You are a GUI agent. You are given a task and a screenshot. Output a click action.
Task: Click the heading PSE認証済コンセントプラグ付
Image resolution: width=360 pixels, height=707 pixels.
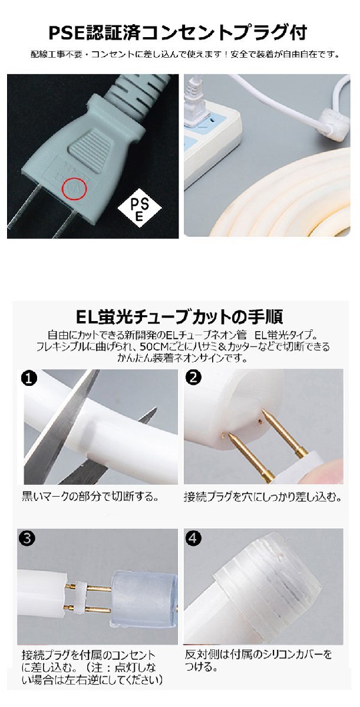(177, 31)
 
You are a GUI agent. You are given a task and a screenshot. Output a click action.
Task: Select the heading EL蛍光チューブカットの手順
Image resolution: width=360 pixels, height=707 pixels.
(180, 317)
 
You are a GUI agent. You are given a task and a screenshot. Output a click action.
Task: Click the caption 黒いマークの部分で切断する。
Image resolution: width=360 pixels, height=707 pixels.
(90, 496)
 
